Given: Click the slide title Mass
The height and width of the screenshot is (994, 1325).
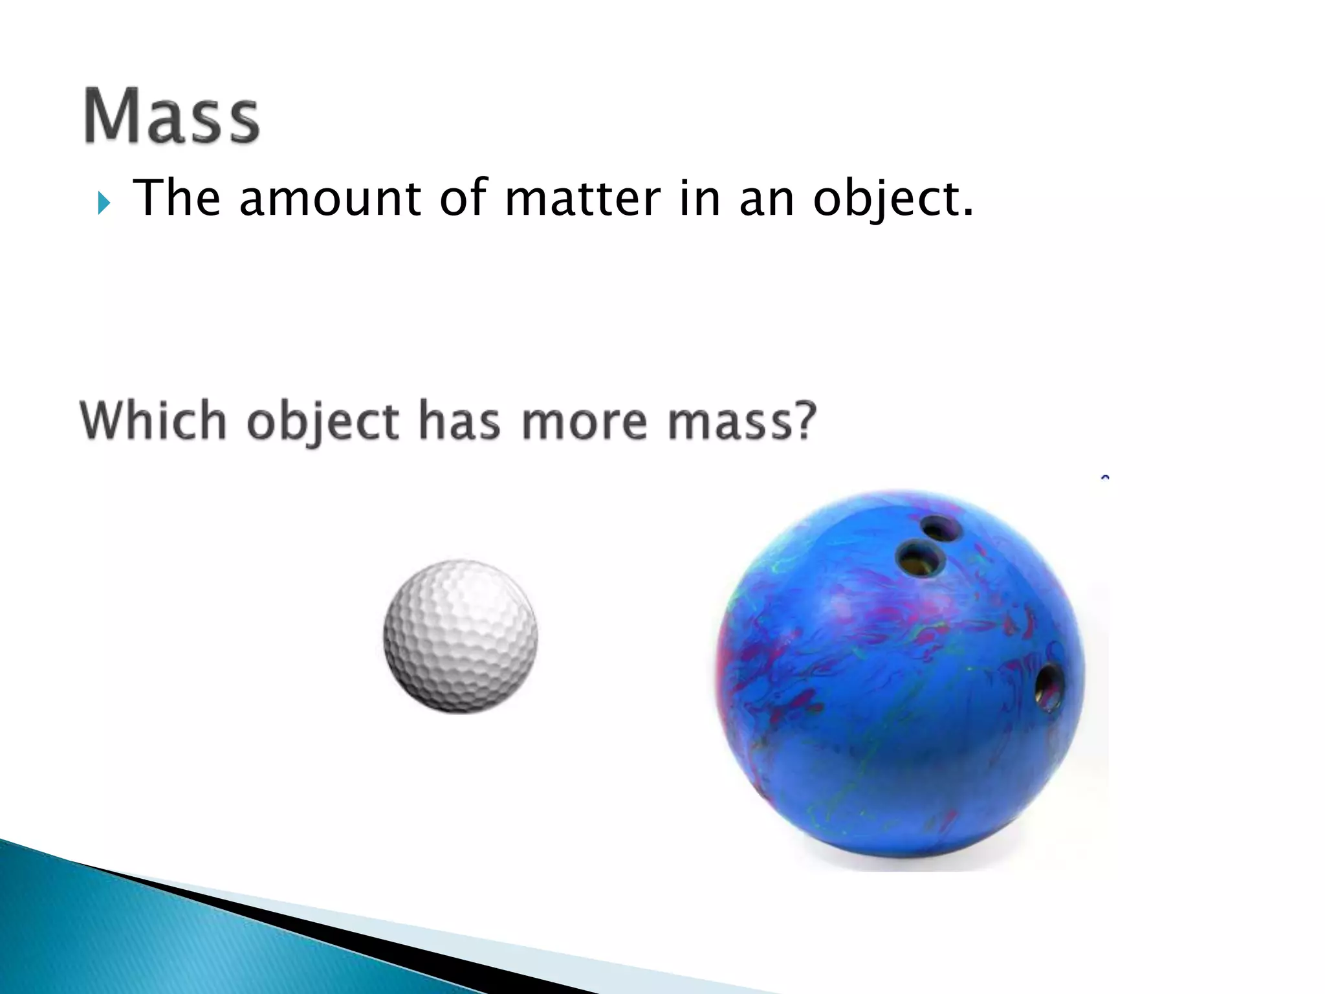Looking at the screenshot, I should click(171, 116).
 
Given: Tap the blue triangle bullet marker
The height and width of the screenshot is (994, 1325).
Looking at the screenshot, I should click(104, 204).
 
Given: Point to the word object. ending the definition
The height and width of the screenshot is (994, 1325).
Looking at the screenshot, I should click(893, 199).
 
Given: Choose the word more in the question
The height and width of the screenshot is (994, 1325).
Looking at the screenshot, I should click(584, 422).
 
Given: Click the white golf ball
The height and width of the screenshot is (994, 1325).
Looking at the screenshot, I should click(460, 637).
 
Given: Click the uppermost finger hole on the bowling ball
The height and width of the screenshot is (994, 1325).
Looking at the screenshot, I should click(940, 529).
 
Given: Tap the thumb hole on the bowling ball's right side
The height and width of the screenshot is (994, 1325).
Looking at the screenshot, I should click(1049, 687).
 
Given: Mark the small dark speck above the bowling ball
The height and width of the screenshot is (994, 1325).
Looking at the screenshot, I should click(1105, 478).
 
